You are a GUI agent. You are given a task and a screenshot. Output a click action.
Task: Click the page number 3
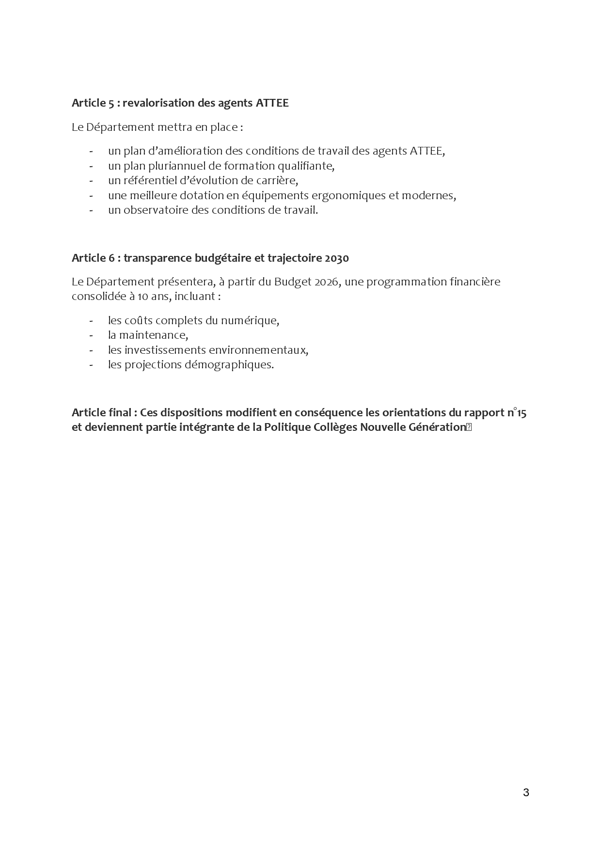[526, 793]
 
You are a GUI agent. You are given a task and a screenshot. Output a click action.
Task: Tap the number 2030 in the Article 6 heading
[336, 258]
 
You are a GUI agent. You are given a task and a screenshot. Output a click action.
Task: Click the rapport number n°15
[517, 413]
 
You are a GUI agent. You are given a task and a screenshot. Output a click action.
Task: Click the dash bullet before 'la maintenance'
[91, 335]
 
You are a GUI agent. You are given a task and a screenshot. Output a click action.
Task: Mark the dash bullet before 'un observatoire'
[91, 210]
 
